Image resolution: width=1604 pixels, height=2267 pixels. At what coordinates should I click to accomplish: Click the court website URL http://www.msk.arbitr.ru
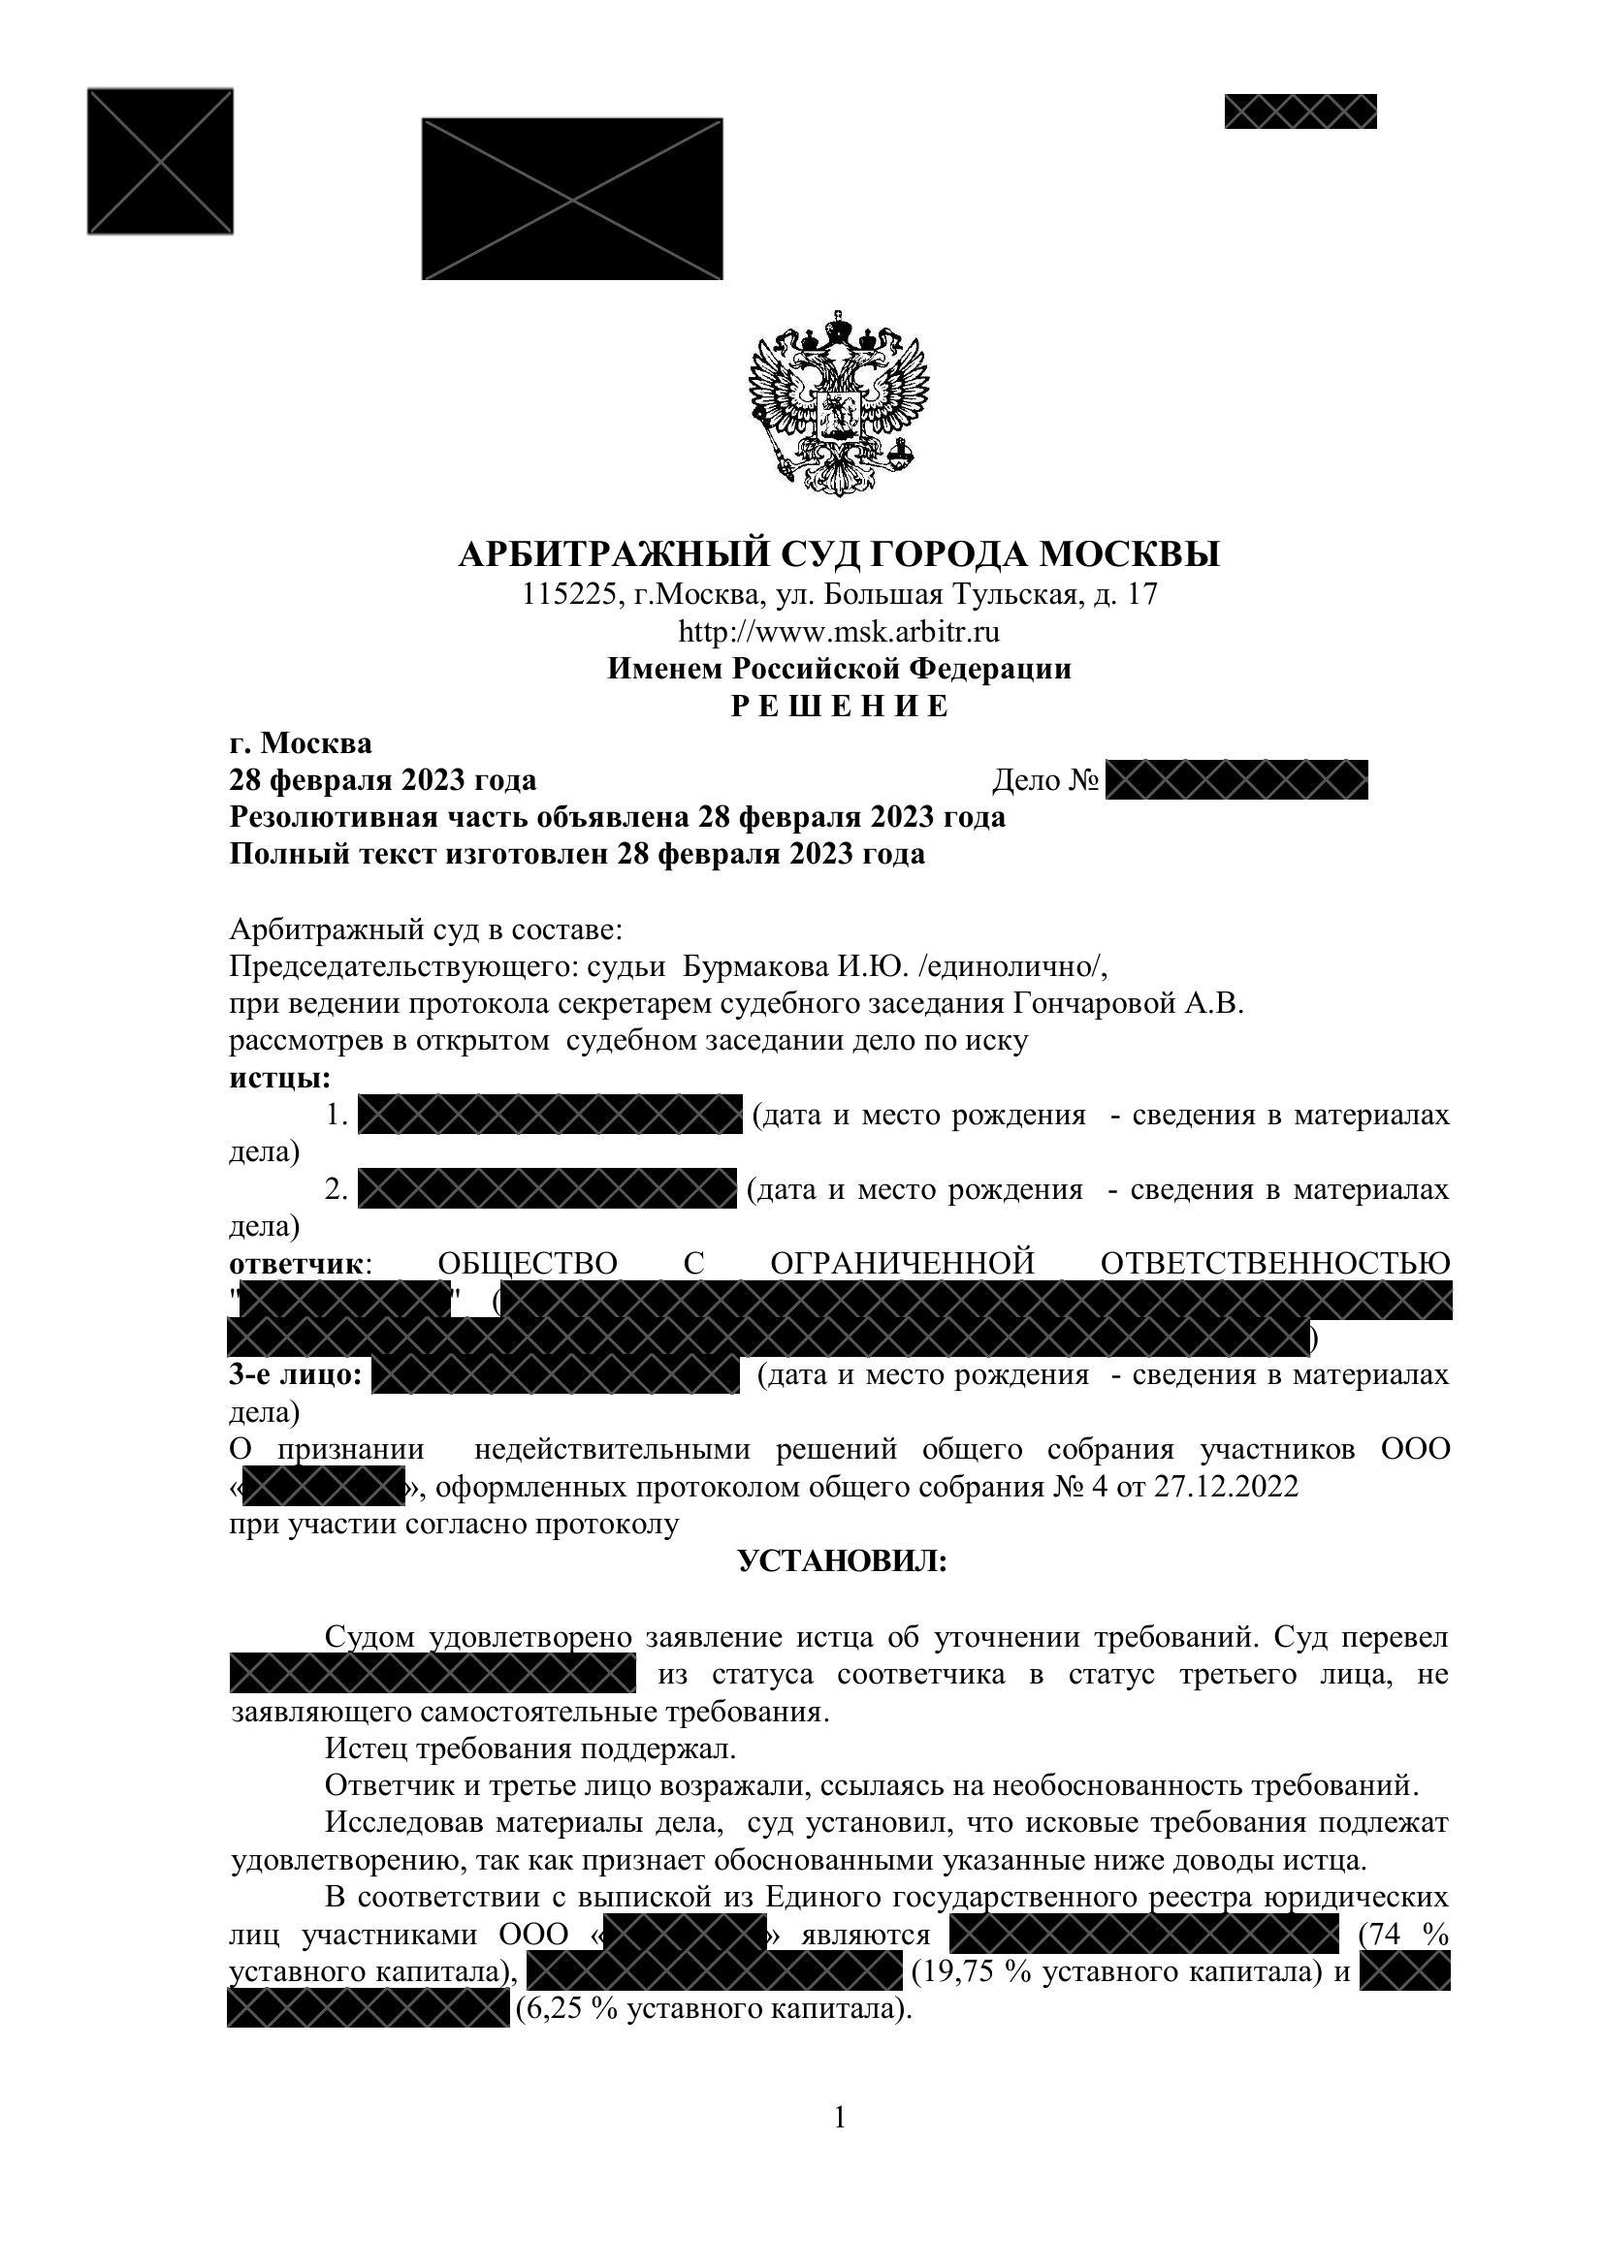click(x=839, y=631)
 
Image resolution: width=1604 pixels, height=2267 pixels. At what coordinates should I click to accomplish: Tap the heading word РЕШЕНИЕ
click(x=839, y=706)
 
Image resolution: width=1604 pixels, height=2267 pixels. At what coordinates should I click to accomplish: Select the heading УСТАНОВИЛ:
click(x=843, y=1561)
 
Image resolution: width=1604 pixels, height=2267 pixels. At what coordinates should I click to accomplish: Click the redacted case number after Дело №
click(x=1235, y=780)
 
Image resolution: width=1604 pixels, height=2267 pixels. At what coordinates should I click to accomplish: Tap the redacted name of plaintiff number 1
click(x=549, y=1115)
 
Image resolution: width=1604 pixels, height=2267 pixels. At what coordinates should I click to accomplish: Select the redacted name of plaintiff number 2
click(x=547, y=1189)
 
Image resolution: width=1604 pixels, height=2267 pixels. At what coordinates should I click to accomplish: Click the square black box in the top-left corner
click(x=160, y=161)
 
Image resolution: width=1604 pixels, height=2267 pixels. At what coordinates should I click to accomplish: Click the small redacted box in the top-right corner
click(x=1299, y=111)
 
